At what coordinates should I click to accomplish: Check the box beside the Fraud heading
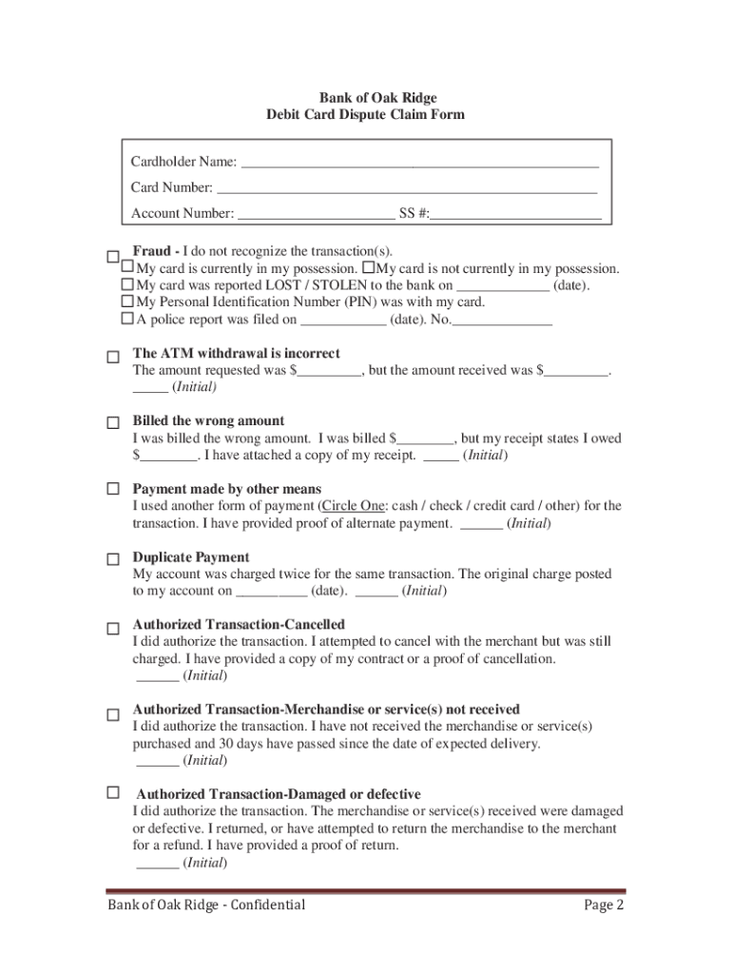(112, 257)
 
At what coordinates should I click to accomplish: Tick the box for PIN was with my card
(127, 302)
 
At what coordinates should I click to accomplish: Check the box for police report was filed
(127, 320)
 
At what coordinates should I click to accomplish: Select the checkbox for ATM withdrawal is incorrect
(112, 357)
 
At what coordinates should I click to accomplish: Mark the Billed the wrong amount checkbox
(112, 423)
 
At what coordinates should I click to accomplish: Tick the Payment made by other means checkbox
(112, 490)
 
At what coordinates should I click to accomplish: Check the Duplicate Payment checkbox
(112, 559)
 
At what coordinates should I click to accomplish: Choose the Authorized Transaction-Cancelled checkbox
(112, 629)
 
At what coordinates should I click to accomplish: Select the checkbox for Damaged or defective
(112, 792)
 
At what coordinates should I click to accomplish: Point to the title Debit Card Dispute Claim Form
(366, 115)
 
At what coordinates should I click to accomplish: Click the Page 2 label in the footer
(603, 905)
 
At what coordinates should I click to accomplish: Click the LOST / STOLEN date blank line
(502, 285)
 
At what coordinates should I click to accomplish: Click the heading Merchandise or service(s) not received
(326, 710)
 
